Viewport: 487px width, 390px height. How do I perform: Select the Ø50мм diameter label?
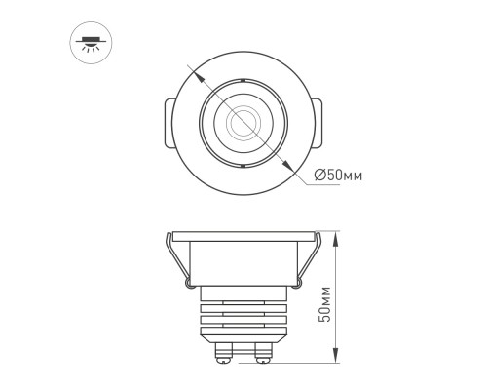coord(339,175)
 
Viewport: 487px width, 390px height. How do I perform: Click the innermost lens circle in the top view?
coord(241,123)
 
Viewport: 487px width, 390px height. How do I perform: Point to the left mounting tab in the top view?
coord(162,124)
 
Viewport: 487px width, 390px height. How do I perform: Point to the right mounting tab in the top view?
coord(319,124)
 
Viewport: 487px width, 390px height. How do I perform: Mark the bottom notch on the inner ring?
coord(241,169)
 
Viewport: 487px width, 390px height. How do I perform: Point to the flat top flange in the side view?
coord(241,237)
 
